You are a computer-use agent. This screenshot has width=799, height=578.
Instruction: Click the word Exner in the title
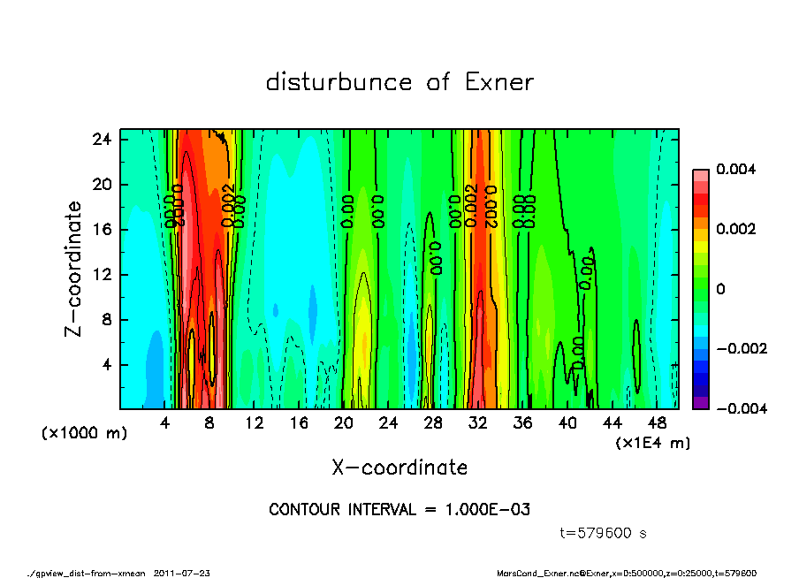[498, 82]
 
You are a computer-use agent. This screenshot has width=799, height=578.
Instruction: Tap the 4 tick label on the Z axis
[106, 364]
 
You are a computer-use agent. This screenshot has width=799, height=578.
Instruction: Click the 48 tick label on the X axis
[658, 422]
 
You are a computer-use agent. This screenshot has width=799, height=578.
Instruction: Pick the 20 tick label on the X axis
[344, 422]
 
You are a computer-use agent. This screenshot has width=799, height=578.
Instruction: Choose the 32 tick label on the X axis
[478, 422]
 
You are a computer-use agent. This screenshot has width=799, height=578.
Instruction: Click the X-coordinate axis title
[399, 467]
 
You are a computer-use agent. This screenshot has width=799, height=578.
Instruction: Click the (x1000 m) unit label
[84, 434]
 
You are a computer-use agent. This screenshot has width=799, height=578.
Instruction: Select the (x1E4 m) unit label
[653, 442]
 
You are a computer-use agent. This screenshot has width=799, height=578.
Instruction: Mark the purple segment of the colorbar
[700, 403]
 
